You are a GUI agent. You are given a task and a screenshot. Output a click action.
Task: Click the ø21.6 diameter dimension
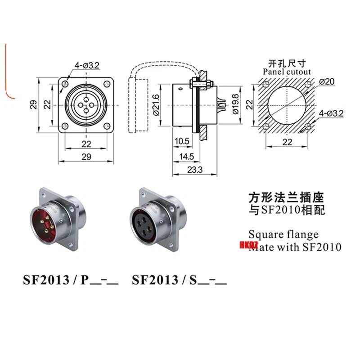point(156,104)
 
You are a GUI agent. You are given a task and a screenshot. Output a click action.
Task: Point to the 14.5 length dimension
point(185,156)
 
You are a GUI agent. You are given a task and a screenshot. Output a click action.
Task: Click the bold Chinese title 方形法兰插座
point(286,197)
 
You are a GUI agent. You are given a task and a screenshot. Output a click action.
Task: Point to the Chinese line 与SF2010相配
point(286,210)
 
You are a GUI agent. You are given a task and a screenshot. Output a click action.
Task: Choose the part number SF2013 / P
point(71,280)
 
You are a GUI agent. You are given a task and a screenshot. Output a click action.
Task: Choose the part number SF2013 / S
point(179,280)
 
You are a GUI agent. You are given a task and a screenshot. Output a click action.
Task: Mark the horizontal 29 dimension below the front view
point(86,157)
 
